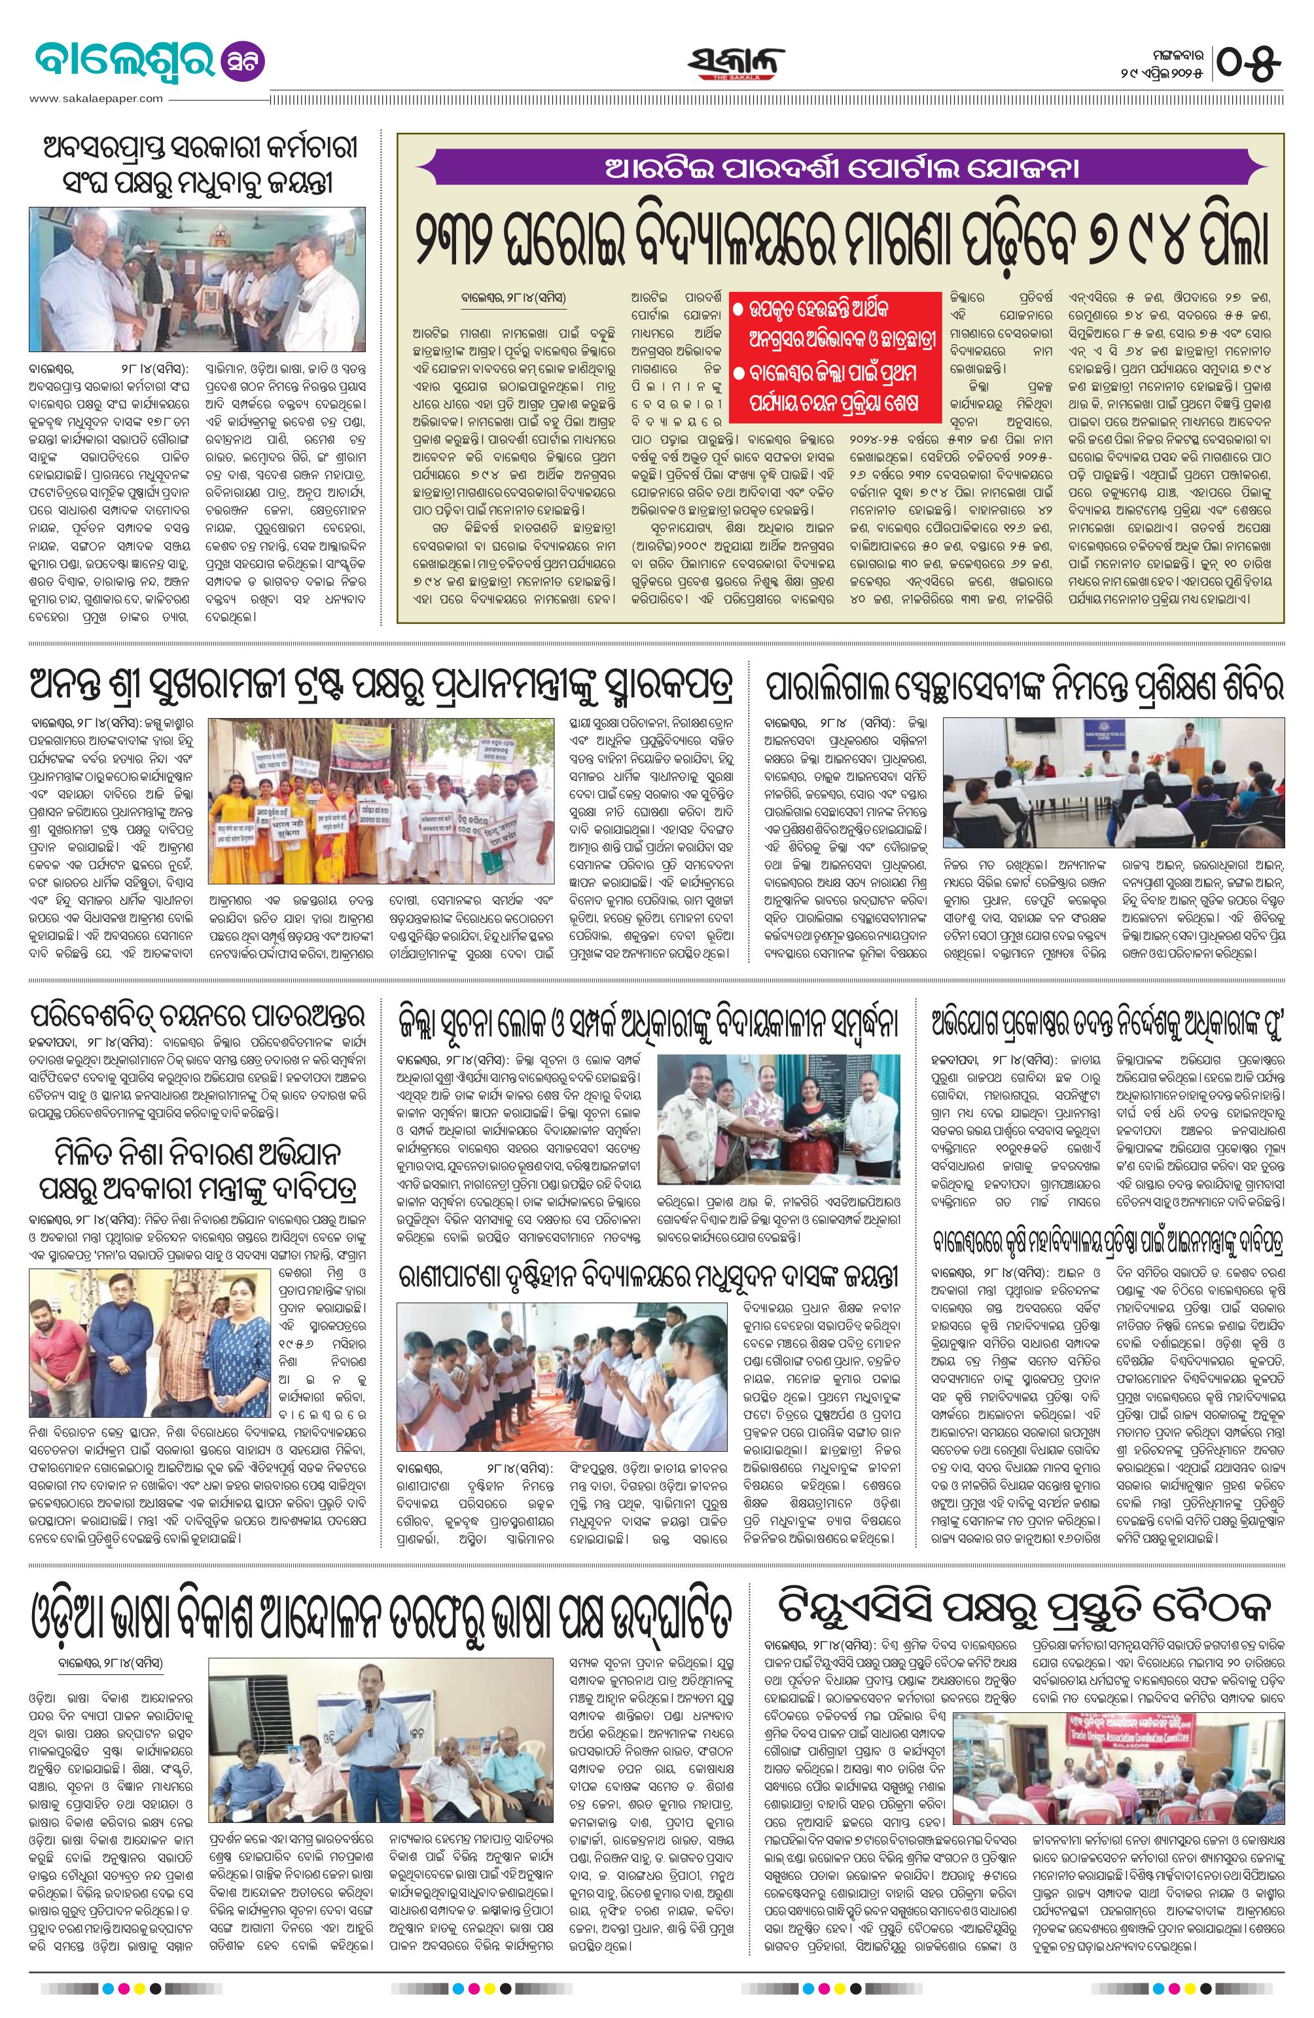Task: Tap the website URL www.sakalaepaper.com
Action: pos(95,98)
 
